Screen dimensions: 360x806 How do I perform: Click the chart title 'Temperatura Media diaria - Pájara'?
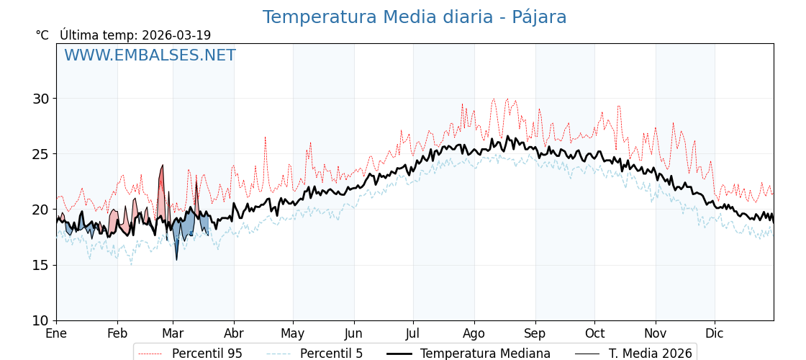tap(415, 17)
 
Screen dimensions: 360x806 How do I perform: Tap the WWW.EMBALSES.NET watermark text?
tap(150, 55)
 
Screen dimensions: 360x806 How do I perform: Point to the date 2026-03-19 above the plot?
tap(176, 35)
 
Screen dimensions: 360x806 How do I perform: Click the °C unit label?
tap(42, 35)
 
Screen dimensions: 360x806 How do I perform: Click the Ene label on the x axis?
tap(56, 334)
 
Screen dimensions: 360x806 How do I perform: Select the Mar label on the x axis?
tap(173, 334)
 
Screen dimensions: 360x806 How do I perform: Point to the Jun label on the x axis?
tap(353, 334)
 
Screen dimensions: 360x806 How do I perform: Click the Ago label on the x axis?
tap(474, 334)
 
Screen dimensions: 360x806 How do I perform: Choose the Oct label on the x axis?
tap(594, 334)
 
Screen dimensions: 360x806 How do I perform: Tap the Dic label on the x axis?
tap(715, 334)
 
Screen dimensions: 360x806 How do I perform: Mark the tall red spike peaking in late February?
tap(162, 167)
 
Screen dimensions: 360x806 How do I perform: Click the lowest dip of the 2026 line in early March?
tap(176, 259)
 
